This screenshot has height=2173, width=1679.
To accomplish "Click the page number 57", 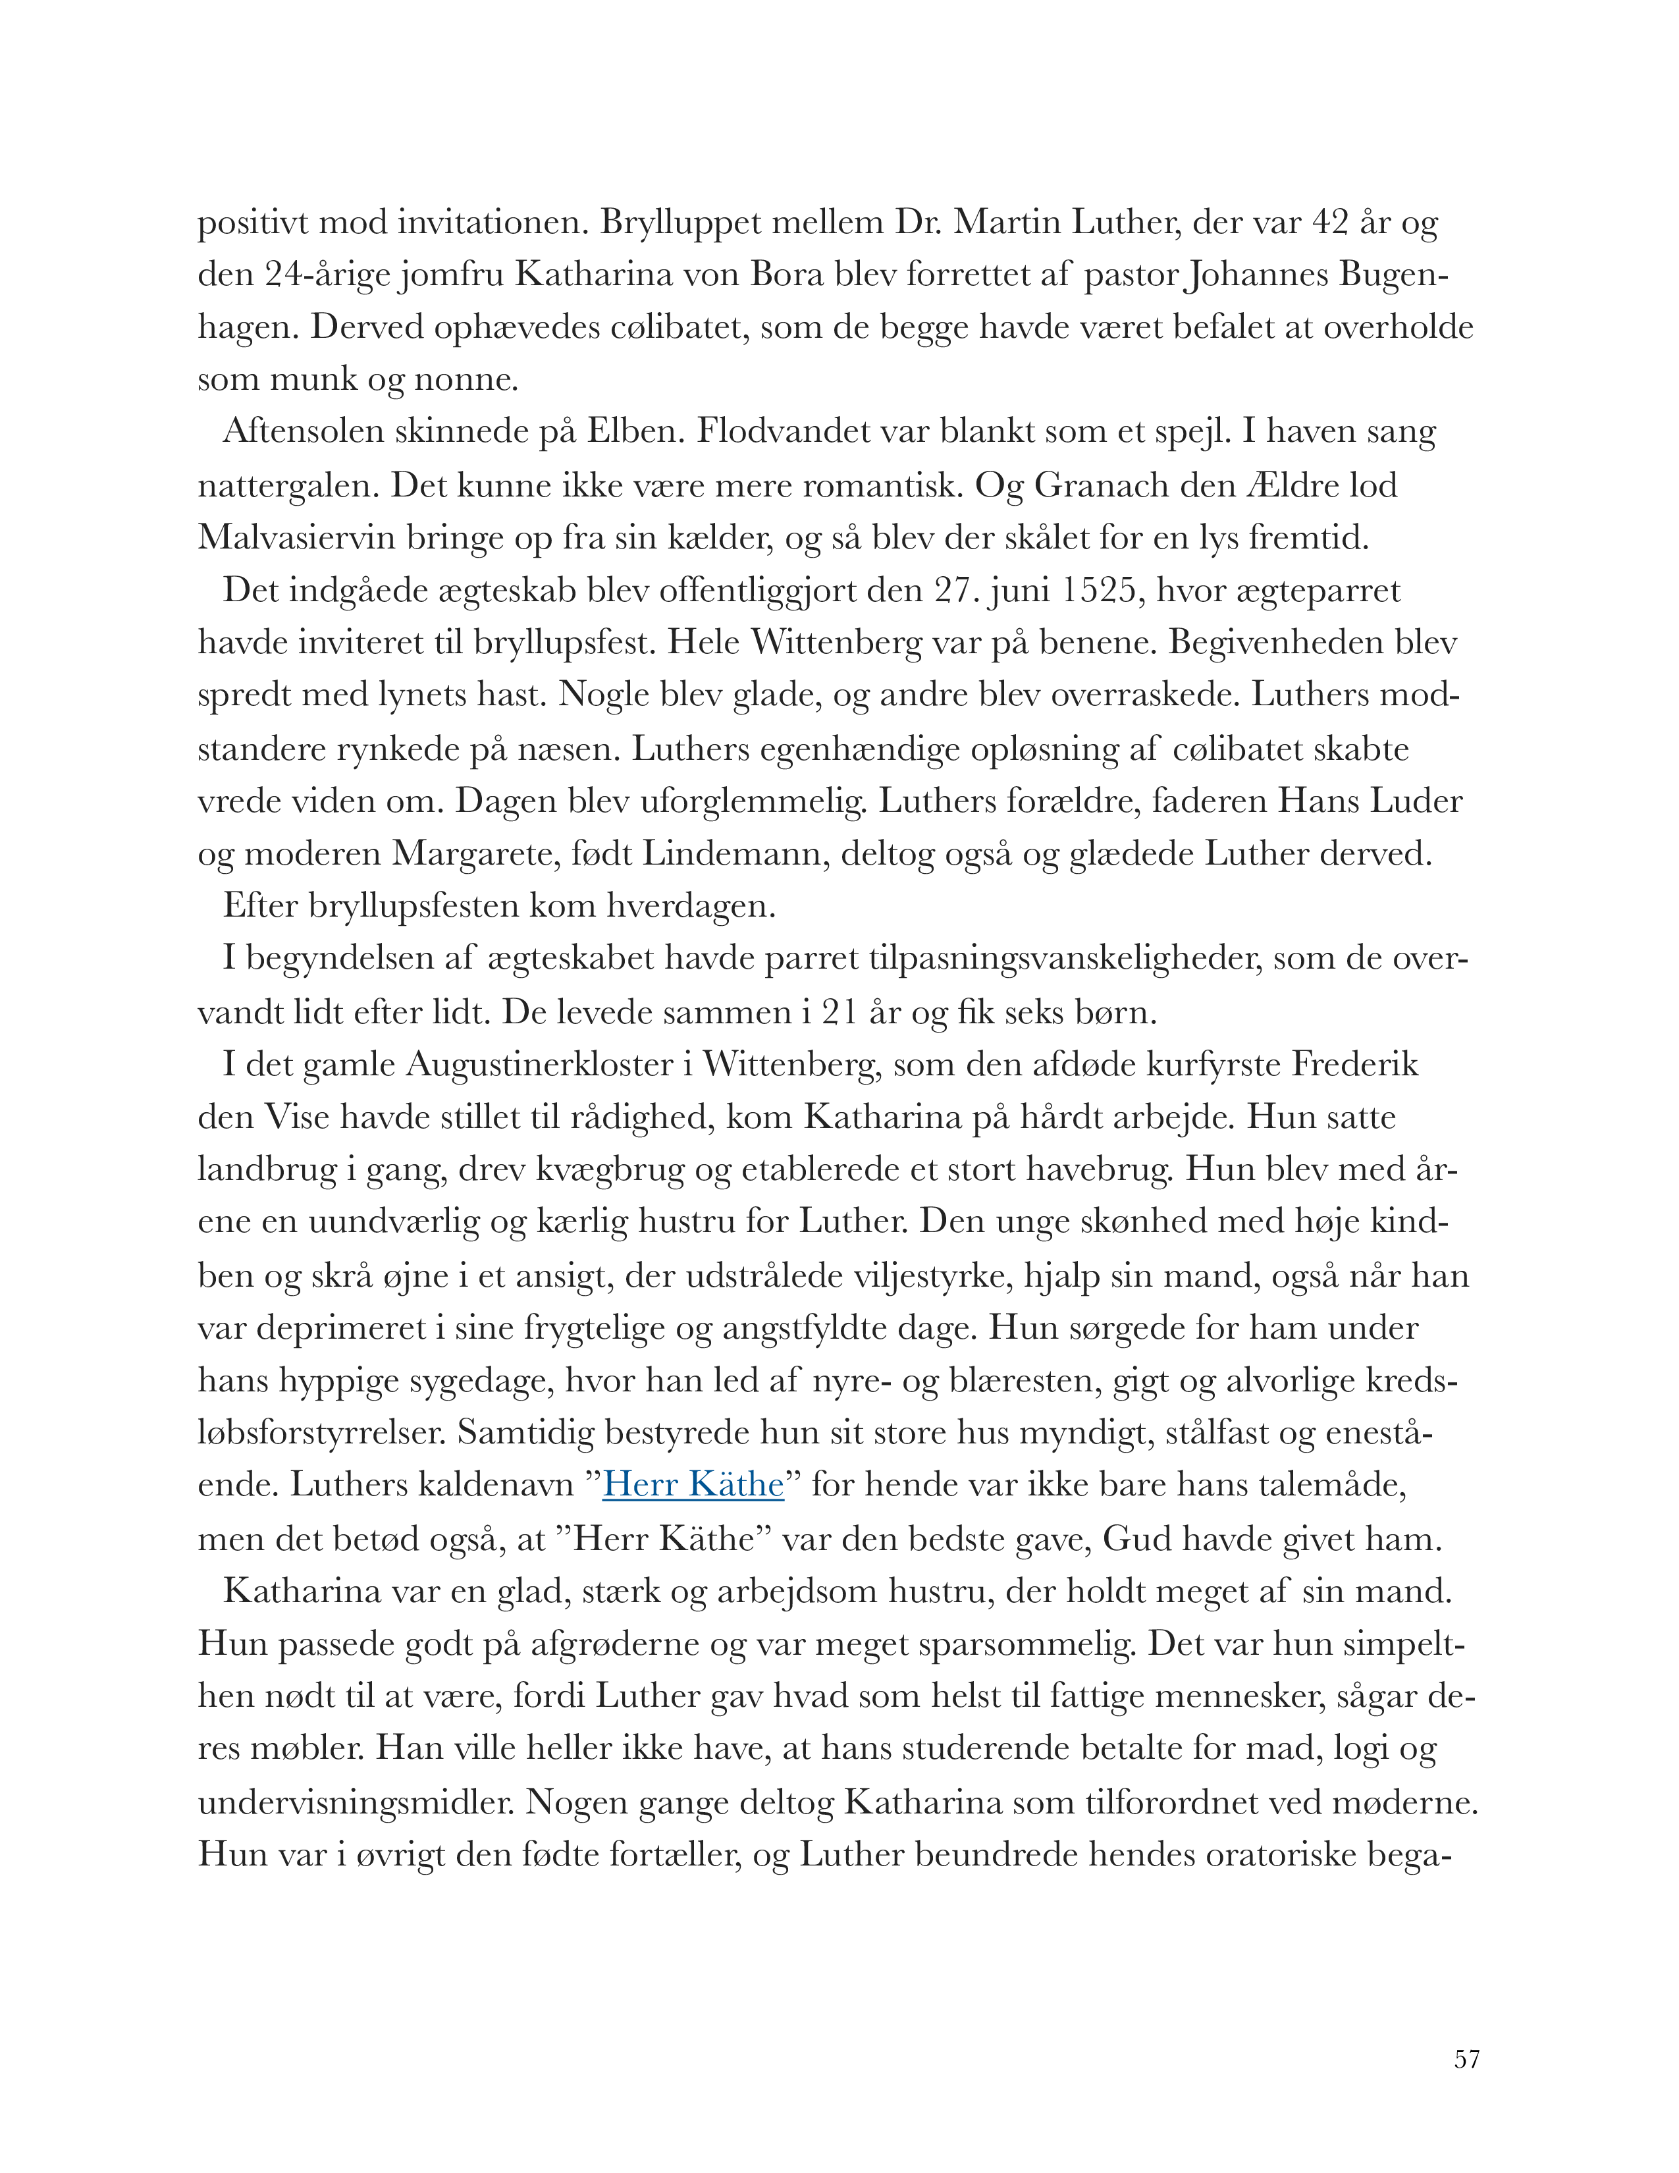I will tap(1466, 2058).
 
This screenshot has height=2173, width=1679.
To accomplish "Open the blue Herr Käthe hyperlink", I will tap(693, 1484).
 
